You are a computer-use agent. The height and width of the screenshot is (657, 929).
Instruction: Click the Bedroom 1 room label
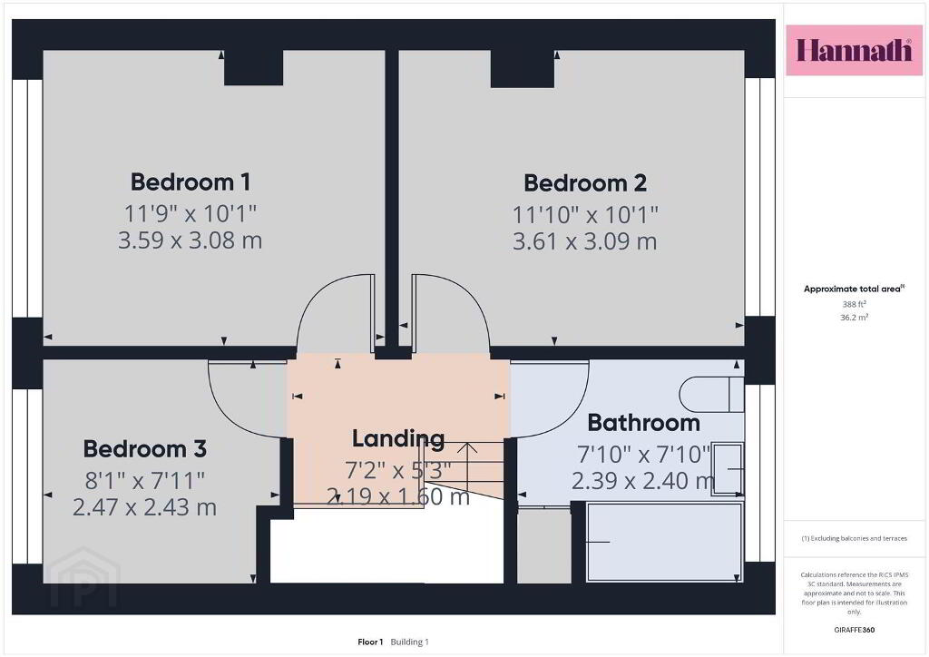click(x=191, y=181)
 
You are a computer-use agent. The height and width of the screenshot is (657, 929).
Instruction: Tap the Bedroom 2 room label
click(x=585, y=183)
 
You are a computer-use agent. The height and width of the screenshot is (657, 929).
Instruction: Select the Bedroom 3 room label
click(x=144, y=448)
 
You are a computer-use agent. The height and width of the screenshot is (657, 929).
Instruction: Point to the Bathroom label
click(x=643, y=423)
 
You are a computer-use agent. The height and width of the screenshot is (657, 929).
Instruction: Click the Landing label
click(x=398, y=439)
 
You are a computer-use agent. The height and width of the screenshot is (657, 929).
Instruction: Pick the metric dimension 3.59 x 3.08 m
click(x=190, y=240)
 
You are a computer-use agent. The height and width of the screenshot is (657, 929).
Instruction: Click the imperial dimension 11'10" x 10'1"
click(x=585, y=214)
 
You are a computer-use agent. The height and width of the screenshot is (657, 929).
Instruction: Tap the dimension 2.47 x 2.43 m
click(x=144, y=507)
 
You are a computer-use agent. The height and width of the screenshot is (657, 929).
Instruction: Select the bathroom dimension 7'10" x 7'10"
click(x=643, y=455)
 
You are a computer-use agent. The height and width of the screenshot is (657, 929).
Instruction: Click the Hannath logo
click(x=854, y=50)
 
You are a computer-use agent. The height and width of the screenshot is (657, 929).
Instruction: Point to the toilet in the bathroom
click(x=711, y=394)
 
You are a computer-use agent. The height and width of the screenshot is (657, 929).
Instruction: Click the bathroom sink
click(x=728, y=468)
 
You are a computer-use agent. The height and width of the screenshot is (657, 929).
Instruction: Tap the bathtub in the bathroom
click(x=664, y=542)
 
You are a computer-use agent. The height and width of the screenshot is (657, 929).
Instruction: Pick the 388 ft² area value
click(x=854, y=304)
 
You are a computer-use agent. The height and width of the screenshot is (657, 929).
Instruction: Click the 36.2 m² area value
click(x=854, y=318)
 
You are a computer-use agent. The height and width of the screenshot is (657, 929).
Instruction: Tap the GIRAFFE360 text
click(x=854, y=630)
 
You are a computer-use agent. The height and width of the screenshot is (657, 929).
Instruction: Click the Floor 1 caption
click(x=370, y=642)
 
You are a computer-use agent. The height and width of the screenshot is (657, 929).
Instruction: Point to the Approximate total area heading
click(x=854, y=289)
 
